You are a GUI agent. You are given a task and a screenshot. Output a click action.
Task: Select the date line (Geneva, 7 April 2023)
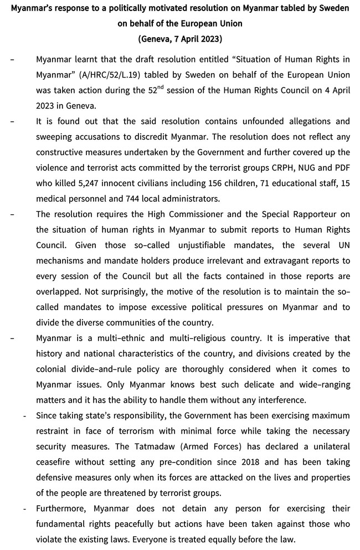(x=180, y=39)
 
